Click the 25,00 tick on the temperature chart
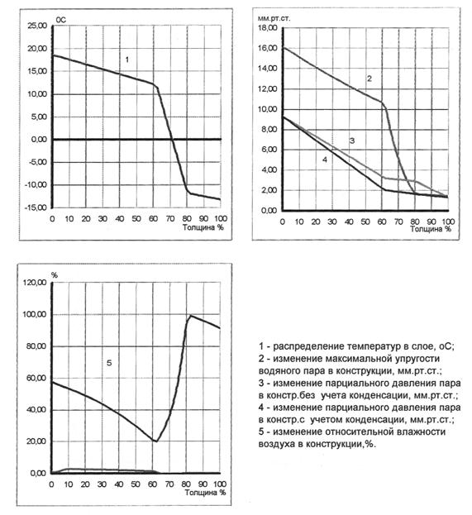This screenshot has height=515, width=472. pyautogui.click(x=37, y=26)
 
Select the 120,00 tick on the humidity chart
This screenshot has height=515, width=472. pyautogui.click(x=34, y=283)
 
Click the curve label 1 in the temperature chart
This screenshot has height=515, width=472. pyautogui.click(x=127, y=60)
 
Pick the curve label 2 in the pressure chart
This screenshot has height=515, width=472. pyautogui.click(x=369, y=79)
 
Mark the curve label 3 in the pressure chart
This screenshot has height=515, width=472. pyautogui.click(x=352, y=141)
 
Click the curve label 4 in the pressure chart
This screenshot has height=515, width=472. pyautogui.click(x=325, y=160)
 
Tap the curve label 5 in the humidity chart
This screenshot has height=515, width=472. pyautogui.click(x=109, y=363)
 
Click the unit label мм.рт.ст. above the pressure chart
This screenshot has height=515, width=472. pyautogui.click(x=274, y=18)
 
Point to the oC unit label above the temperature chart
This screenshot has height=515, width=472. pyautogui.click(x=61, y=20)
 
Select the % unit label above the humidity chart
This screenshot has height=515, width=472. pyautogui.click(x=55, y=275)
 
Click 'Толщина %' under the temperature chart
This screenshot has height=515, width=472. pyautogui.click(x=203, y=227)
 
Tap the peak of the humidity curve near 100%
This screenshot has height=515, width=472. pyautogui.click(x=190, y=315)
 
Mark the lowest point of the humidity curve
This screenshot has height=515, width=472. pyautogui.click(x=156, y=441)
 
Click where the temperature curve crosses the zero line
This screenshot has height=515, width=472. pyautogui.click(x=172, y=139)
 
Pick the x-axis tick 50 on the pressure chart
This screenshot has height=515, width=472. pyautogui.click(x=365, y=222)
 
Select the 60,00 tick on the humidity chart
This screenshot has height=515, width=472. pyautogui.click(x=36, y=378)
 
